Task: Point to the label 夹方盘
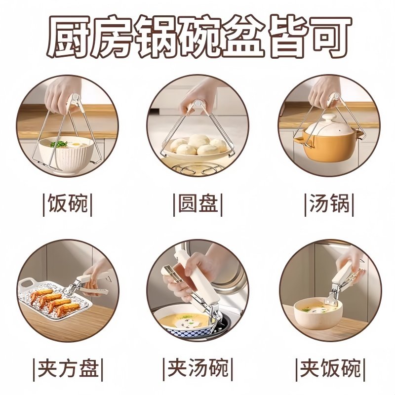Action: pos(68,368)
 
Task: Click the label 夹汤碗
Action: pos(197,368)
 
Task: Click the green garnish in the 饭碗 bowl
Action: pos(59,144)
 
